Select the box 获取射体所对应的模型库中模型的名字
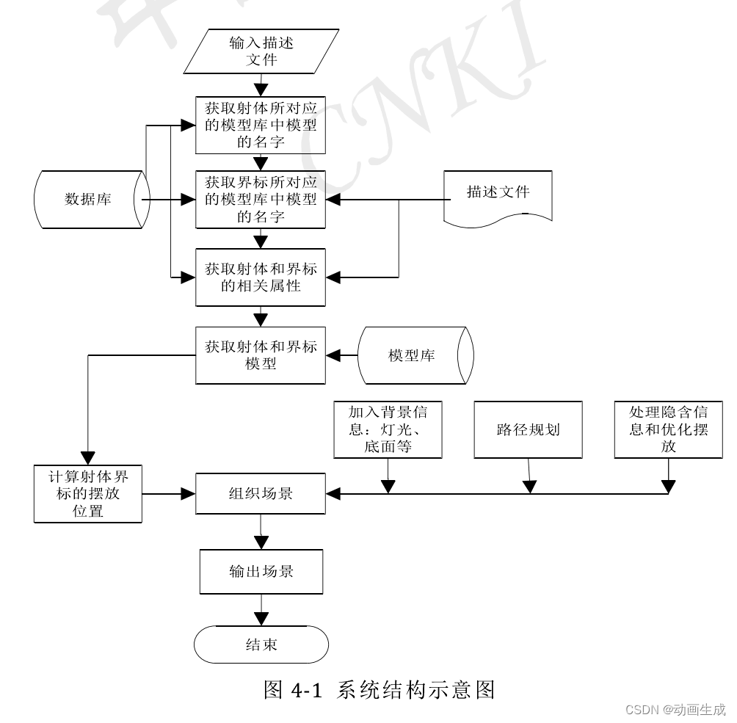[261, 125]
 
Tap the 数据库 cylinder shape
[88, 199]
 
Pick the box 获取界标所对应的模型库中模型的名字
[261, 199]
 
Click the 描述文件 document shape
[498, 194]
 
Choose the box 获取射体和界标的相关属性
[261, 277]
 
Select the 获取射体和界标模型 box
[261, 355]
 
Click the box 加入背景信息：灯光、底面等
[388, 429]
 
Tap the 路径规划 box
[528, 429]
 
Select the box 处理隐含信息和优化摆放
[668, 429]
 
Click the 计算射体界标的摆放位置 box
[88, 493]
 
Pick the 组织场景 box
[261, 493]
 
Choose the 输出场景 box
[261, 572]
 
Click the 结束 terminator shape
[261, 645]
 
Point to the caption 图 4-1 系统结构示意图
[379, 690]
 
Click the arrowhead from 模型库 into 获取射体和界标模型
[333, 355]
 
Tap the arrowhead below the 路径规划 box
[529, 486]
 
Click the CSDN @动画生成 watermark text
[674, 710]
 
